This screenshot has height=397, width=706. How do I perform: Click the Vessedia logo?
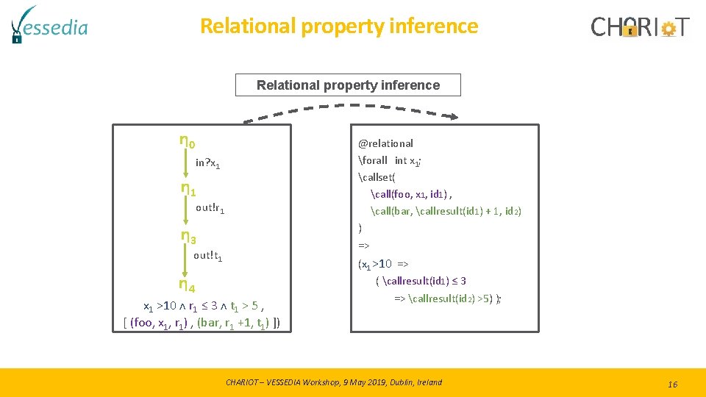tap(49, 25)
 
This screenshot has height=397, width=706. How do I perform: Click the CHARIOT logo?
tap(640, 27)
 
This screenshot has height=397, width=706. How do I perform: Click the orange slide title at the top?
tap(339, 26)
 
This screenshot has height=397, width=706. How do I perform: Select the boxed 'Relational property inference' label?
tap(348, 85)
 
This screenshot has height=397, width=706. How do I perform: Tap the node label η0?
tap(188, 140)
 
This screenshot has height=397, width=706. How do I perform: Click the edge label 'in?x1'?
tap(208, 163)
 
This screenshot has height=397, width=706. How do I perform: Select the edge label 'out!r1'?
tap(210, 208)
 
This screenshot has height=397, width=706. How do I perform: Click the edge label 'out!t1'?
tap(208, 256)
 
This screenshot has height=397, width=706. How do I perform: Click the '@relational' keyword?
tap(385, 143)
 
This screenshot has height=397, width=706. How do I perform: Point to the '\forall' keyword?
tap(373, 160)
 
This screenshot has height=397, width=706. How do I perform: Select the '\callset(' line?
tap(377, 177)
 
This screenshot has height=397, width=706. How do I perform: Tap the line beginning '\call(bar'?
tap(446, 211)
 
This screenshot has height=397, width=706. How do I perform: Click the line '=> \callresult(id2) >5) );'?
tap(448, 298)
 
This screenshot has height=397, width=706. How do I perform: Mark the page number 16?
tap(672, 384)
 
